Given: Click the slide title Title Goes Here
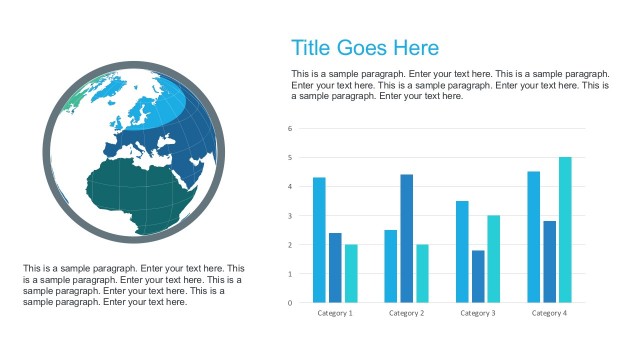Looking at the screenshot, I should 364,48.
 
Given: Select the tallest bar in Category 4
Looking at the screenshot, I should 565,230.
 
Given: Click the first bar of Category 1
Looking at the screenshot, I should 319,240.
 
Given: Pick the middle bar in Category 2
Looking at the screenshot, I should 407,238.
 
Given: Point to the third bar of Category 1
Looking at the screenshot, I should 351,273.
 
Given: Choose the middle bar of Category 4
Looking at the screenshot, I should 549,262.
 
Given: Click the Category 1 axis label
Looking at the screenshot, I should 335,313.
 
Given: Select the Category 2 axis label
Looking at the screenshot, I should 406,313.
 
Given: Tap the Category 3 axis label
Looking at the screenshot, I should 478,313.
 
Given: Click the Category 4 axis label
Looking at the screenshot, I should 549,313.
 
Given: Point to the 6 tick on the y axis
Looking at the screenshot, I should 290,128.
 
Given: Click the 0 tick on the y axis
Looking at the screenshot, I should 290,302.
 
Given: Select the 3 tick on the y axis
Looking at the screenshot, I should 290,215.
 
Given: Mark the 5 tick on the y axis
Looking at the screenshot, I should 290,157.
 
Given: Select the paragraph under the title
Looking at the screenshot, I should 450,85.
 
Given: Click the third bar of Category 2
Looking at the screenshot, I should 422,273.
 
